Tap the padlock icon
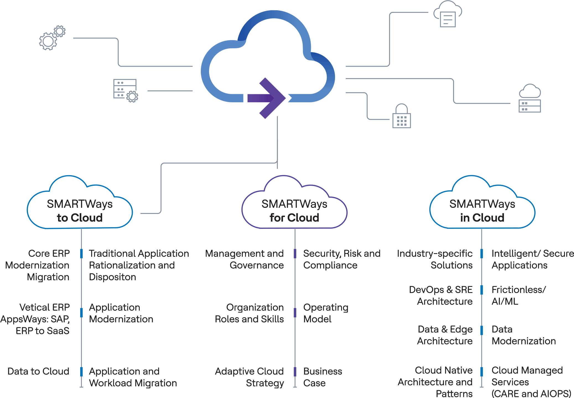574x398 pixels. pyautogui.click(x=402, y=116)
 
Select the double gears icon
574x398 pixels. pyautogui.click(x=52, y=38)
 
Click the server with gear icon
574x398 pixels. pyautogui.click(x=126, y=91)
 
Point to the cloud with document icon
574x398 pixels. pyautogui.click(x=448, y=14)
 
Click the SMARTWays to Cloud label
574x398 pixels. pyautogui.click(x=80, y=211)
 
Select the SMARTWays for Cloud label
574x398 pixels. pyautogui.click(x=294, y=211)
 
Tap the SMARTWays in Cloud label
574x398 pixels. pyautogui.click(x=482, y=211)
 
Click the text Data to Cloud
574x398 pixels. pyautogui.click(x=38, y=371)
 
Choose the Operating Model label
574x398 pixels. pyautogui.click(x=326, y=313)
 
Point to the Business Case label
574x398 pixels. pyautogui.click(x=323, y=377)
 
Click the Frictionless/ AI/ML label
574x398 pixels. pyautogui.click(x=518, y=295)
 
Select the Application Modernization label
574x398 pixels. pyautogui.click(x=121, y=313)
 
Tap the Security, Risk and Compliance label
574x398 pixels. pyautogui.click(x=342, y=259)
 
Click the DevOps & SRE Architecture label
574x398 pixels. pyautogui.click(x=441, y=295)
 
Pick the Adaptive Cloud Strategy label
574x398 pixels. pyautogui.click(x=250, y=377)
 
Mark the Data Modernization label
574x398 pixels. pyautogui.click(x=524, y=335)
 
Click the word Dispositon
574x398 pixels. pyautogui.click(x=113, y=277)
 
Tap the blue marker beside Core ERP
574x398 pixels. pyautogui.click(x=81, y=253)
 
